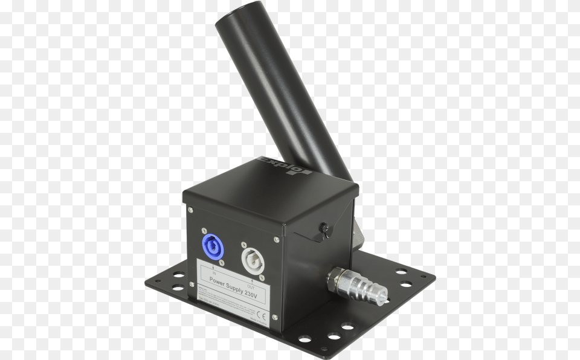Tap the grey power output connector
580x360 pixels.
tap(251, 261)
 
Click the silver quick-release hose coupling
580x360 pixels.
tap(356, 286)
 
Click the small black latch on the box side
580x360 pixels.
tap(325, 229)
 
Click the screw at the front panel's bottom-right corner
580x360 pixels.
tap(274, 317)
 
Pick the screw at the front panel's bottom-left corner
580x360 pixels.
tap(191, 283)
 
